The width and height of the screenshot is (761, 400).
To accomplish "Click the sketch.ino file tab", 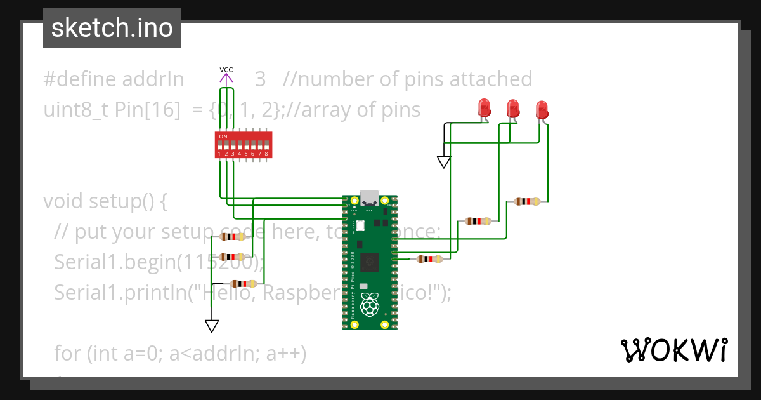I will (x=112, y=28).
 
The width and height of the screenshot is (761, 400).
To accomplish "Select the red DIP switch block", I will (x=244, y=145).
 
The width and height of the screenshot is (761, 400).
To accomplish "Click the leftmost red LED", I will (x=484, y=108).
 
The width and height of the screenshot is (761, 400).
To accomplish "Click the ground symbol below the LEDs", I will (x=444, y=162).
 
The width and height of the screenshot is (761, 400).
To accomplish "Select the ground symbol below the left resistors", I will (x=212, y=325).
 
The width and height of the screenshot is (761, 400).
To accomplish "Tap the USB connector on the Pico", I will (x=369, y=198).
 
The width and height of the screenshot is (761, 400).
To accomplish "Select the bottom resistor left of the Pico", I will (x=244, y=284).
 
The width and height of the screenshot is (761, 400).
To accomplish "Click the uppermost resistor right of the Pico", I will (x=528, y=202).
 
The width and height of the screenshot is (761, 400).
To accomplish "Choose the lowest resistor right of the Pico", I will (x=430, y=259).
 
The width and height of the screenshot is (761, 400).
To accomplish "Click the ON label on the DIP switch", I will (x=223, y=137).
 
